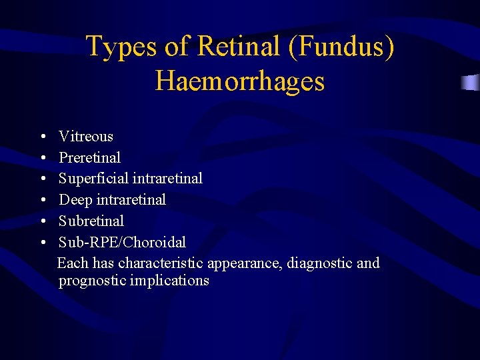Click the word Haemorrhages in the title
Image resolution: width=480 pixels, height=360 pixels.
click(240, 81)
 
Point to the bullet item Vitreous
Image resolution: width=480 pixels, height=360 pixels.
click(86, 137)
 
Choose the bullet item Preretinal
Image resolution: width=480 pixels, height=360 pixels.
click(90, 158)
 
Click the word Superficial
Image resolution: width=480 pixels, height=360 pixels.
click(93, 179)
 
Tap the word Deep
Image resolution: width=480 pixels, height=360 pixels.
click(75, 199)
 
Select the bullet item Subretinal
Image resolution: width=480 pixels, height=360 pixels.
click(91, 221)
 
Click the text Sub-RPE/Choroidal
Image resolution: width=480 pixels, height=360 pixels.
click(122, 242)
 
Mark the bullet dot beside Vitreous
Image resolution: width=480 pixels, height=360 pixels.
click(43, 137)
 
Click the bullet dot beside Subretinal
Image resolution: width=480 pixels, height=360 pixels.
click(43, 221)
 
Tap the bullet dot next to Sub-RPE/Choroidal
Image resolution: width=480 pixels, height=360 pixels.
click(43, 242)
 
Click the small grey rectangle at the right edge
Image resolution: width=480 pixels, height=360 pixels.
click(471, 83)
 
